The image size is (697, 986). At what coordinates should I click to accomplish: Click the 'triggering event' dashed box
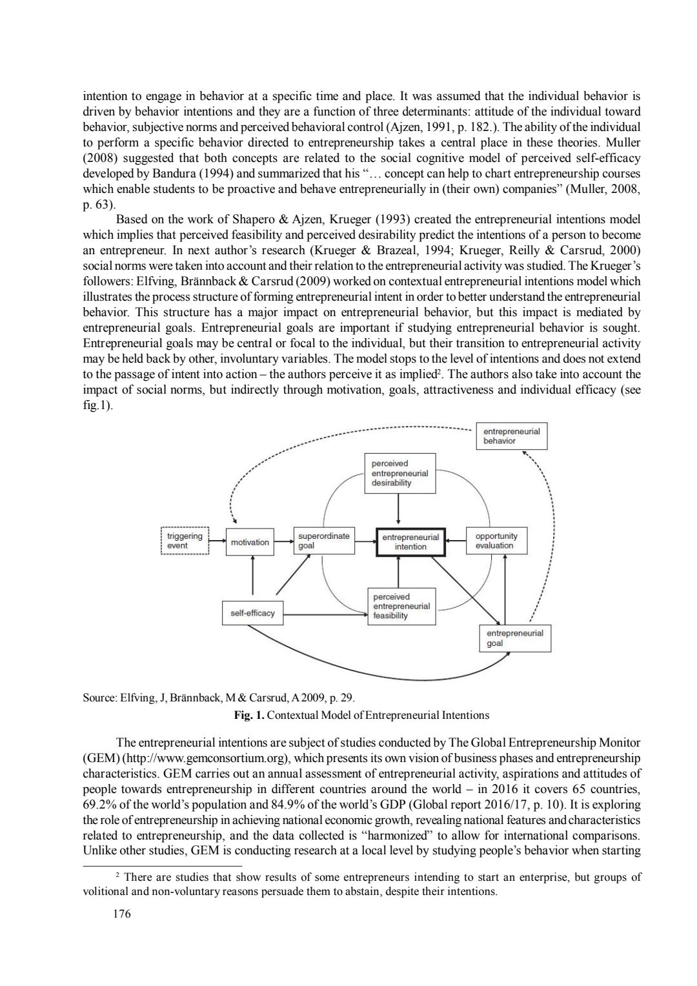coord(184,541)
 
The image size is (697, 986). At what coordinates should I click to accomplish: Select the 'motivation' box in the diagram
coord(250,542)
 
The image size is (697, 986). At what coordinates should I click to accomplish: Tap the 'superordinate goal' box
coord(323,541)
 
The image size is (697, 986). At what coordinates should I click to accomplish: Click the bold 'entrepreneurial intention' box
coord(410,542)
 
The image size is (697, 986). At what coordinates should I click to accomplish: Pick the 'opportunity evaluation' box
coord(496,541)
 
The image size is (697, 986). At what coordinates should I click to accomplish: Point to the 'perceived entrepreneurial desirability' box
coord(399,473)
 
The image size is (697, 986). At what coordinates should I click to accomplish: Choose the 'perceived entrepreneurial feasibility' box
coord(401,606)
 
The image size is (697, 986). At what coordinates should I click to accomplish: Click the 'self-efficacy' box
coord(252,613)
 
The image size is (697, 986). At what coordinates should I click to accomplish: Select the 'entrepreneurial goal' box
coord(514,638)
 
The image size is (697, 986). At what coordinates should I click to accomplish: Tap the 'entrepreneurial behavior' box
coord(511,436)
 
